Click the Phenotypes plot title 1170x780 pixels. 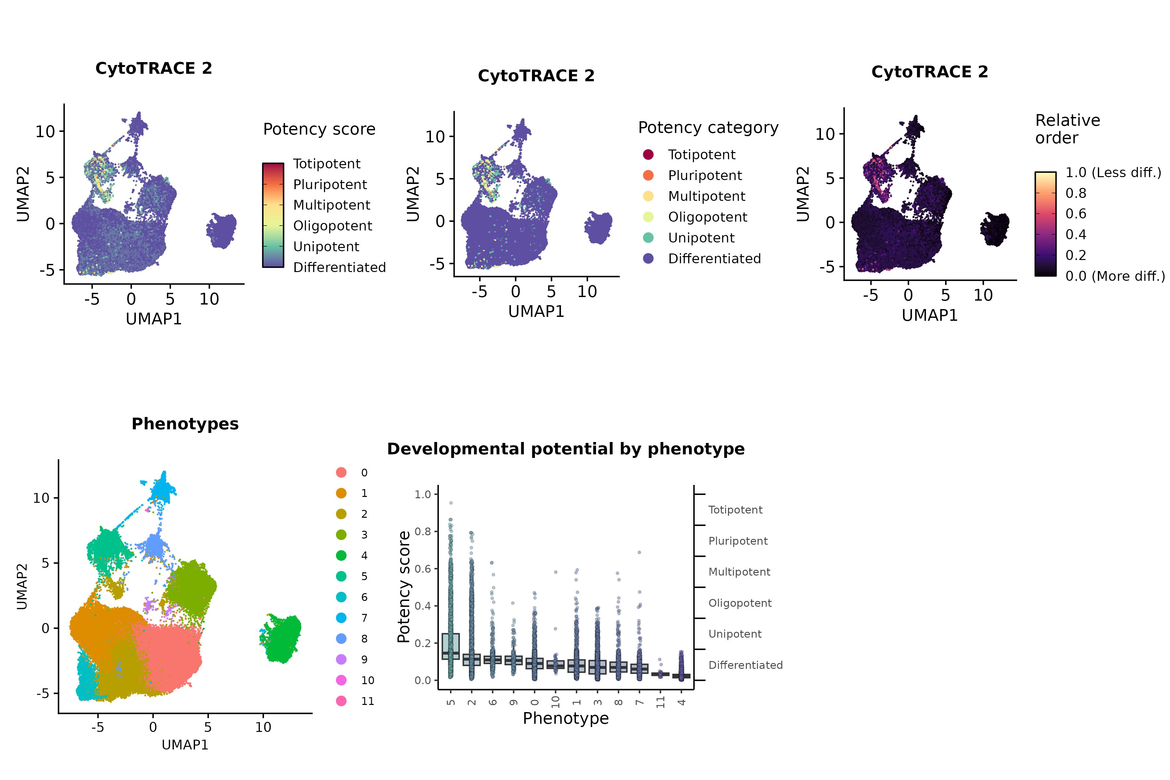pos(185,424)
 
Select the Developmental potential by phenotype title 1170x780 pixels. pos(565,449)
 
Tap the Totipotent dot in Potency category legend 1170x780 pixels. pos(648,155)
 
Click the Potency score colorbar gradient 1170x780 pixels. pos(273,215)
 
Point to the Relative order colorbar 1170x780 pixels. pos(1045,224)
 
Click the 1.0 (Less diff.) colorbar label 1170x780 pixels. pos(1113,173)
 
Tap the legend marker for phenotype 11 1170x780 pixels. pos(341,701)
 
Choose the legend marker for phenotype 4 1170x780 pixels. pos(341,556)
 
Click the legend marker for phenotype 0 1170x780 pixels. pos(341,473)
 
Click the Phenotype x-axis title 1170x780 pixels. pos(565,718)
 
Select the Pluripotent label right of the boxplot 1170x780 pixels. pos(738,541)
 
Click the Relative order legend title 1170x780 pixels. pos(1068,129)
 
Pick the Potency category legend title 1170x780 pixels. pos(708,128)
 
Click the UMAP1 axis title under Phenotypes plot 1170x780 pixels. pos(185,745)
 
